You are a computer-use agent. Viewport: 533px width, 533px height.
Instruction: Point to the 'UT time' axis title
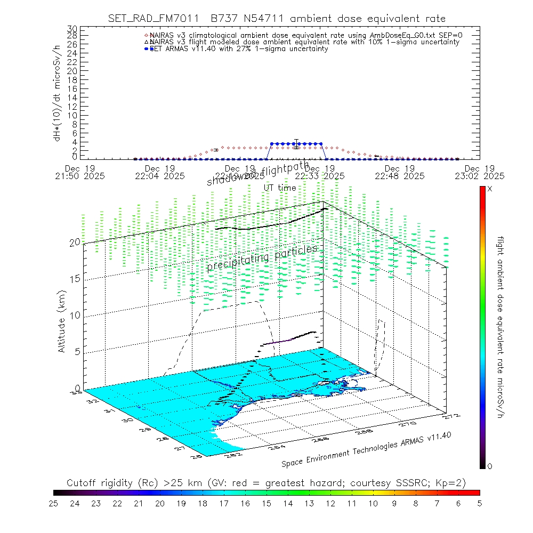pyautogui.click(x=280, y=188)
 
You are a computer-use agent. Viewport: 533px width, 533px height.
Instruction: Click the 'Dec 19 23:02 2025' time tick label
pyautogui.click(x=485, y=172)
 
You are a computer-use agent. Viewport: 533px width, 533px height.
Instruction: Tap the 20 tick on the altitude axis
pyautogui.click(x=75, y=242)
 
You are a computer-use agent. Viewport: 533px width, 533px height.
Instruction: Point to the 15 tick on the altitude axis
pyautogui.click(x=75, y=279)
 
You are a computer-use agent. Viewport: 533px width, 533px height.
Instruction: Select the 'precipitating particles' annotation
pyautogui.click(x=262, y=257)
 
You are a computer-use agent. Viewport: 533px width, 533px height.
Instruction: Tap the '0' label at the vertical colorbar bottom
pyautogui.click(x=490, y=466)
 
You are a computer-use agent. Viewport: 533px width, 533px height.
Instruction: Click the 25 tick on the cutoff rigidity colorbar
pyautogui.click(x=53, y=503)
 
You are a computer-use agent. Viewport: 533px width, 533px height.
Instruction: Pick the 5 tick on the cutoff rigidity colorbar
pyautogui.click(x=479, y=503)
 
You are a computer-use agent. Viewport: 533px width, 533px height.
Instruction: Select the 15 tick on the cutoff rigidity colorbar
pyautogui.click(x=266, y=503)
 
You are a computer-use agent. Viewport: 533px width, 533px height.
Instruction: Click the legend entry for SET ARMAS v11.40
pyautogui.click(x=239, y=49)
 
